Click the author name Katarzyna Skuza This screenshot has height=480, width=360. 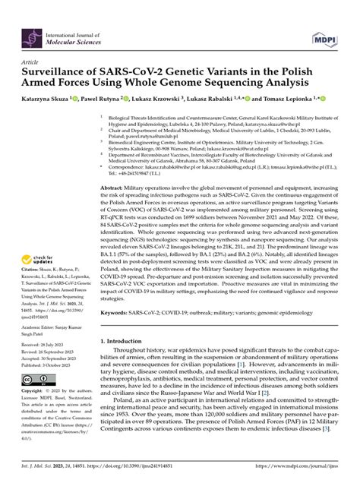click(43, 99)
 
